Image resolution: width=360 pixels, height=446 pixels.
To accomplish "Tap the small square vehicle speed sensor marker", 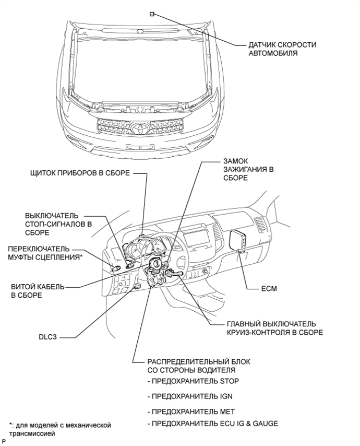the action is [x=152, y=14].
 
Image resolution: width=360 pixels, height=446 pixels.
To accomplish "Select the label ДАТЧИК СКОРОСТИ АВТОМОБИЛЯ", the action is [x=282, y=49].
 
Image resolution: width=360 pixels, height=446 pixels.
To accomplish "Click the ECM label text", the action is [x=269, y=288].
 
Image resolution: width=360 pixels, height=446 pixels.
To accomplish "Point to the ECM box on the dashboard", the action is [x=238, y=240].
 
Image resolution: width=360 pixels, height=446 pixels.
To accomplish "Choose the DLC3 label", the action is [x=47, y=337].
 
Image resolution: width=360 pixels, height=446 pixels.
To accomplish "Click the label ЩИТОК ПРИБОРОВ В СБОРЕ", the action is [x=80, y=173].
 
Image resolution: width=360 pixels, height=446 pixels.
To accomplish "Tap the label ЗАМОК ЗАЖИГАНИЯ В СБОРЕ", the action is [x=248, y=169].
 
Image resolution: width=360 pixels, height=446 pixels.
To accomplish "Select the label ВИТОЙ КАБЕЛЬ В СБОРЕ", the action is [x=38, y=291].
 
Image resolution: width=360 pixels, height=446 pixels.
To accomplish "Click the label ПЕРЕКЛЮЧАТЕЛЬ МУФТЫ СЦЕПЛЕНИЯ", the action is [x=45, y=253].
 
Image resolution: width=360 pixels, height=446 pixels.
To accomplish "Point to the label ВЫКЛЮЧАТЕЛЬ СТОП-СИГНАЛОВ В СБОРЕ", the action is [x=58, y=224].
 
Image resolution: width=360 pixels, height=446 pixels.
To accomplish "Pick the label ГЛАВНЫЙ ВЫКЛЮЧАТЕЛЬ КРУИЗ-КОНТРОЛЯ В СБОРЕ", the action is [x=275, y=328].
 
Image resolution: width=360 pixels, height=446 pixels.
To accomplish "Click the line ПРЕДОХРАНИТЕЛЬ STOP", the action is [x=193, y=381].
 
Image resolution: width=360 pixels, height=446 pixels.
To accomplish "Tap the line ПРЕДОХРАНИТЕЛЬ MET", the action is [x=191, y=412].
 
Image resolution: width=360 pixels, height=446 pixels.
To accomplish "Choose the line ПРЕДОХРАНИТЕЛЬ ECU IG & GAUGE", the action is [x=212, y=424].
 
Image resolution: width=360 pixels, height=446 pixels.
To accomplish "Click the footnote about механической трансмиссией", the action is [x=59, y=429].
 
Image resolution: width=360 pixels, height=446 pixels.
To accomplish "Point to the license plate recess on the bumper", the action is [x=140, y=147].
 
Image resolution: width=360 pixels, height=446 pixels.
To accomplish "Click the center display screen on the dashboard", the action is [x=196, y=237].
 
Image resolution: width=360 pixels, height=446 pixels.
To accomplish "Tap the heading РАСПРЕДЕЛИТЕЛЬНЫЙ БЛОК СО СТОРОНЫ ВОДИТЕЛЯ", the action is [x=199, y=366].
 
